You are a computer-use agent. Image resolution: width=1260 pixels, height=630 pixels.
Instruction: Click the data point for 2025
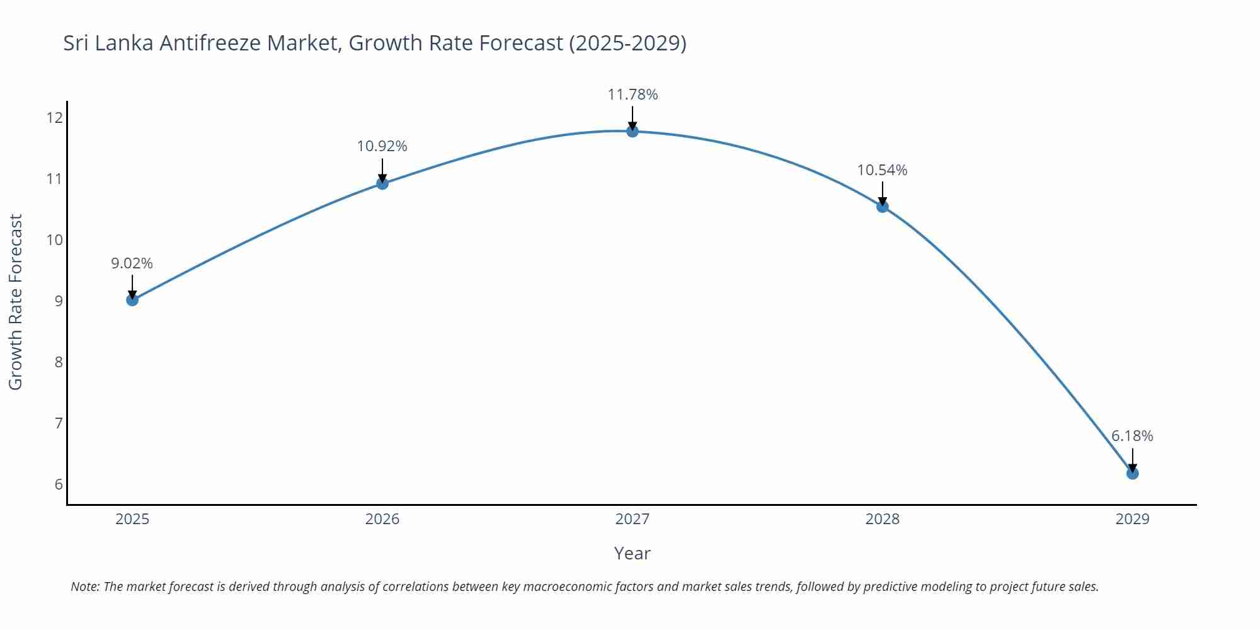click(x=132, y=300)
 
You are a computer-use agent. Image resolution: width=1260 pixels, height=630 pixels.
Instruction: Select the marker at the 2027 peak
click(x=633, y=131)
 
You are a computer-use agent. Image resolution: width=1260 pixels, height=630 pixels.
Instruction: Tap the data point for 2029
click(x=1132, y=473)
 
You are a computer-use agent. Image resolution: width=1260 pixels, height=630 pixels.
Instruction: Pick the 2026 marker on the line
click(x=382, y=183)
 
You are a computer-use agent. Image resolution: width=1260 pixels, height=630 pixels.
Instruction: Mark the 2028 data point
click(x=883, y=207)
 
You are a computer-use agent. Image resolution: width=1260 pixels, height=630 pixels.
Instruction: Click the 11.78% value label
click(x=633, y=94)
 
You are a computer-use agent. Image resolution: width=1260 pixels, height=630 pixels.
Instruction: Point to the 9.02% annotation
click(x=132, y=263)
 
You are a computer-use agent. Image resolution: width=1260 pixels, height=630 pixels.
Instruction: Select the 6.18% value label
click(x=1132, y=436)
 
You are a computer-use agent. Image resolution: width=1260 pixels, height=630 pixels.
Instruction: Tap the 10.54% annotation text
click(x=882, y=170)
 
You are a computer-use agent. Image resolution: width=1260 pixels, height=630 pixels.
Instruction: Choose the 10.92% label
click(x=382, y=146)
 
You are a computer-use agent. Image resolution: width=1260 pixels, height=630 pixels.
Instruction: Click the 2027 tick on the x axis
click(x=633, y=519)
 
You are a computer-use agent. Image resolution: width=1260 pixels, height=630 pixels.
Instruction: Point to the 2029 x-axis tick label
click(x=1132, y=519)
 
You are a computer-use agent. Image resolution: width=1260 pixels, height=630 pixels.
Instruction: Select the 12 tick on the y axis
click(x=55, y=118)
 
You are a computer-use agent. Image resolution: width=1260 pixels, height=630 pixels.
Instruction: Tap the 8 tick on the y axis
click(x=59, y=362)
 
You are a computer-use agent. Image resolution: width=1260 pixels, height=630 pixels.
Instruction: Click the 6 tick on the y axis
click(x=59, y=484)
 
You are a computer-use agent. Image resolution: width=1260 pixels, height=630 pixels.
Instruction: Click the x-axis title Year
click(x=632, y=553)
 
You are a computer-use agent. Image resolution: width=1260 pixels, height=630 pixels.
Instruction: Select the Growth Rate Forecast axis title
click(x=16, y=302)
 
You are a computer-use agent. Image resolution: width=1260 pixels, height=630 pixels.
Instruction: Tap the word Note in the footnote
click(x=84, y=587)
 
